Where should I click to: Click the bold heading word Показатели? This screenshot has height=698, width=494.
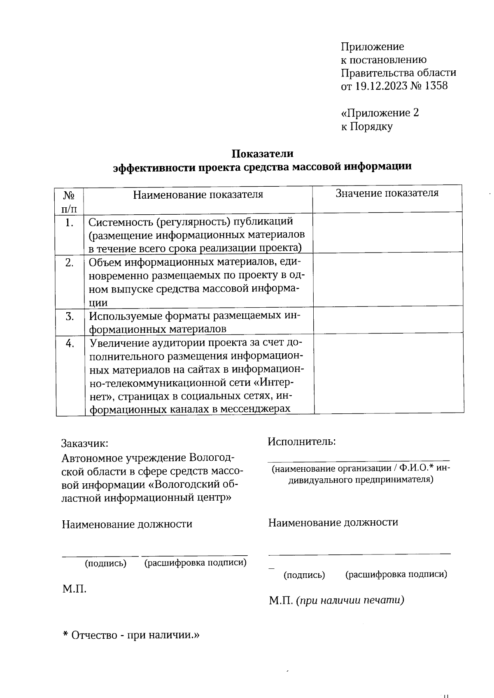click(x=262, y=153)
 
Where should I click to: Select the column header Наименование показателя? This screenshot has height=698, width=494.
click(x=198, y=195)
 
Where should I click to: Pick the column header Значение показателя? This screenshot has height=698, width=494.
click(x=387, y=193)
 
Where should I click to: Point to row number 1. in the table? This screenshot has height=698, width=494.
click(x=69, y=223)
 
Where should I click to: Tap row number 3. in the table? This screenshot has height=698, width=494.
click(x=70, y=316)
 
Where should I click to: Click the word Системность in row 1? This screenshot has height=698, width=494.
click(x=120, y=222)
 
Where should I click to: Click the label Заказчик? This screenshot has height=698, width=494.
click(x=85, y=443)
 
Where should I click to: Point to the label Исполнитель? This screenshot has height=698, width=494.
click(x=301, y=441)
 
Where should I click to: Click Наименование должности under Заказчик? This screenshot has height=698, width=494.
click(x=127, y=524)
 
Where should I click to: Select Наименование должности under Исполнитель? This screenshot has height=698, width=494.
click(x=333, y=522)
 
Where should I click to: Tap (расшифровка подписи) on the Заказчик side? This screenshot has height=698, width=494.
click(x=195, y=562)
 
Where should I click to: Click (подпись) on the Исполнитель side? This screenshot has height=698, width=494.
click(x=304, y=575)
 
